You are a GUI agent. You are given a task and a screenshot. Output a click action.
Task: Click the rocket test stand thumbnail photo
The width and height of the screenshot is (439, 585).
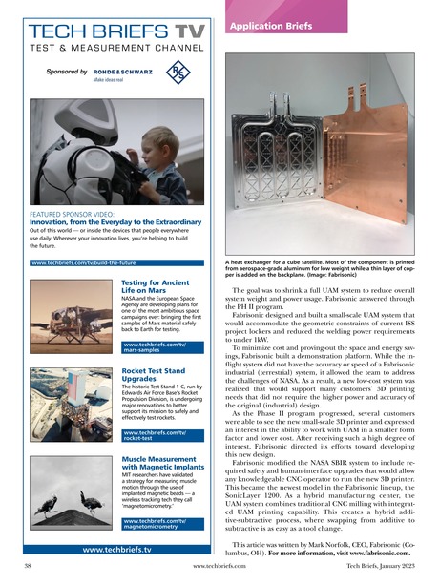point(61,405)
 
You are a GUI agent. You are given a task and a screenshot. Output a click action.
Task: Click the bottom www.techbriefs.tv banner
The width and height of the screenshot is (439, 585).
point(119,550)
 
